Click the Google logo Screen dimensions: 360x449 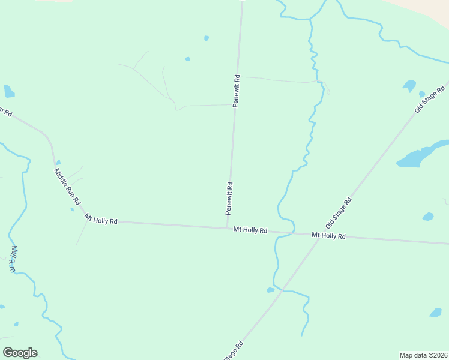(20, 353)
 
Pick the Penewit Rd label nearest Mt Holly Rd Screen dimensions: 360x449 (229, 198)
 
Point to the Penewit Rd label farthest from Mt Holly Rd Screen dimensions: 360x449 (237, 91)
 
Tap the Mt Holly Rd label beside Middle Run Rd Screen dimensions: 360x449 (101, 220)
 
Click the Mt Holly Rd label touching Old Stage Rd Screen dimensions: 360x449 (329, 236)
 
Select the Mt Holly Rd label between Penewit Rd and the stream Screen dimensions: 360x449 (250, 230)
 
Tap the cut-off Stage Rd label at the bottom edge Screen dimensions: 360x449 (234, 351)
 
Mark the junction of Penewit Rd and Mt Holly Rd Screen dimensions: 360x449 (228, 227)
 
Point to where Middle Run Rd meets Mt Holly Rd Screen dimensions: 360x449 (83, 215)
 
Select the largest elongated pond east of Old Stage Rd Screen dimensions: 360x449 (421, 155)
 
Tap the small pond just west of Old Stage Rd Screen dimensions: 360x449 (271, 290)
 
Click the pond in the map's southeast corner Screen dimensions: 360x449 (436, 312)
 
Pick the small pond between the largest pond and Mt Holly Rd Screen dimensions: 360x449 (428, 217)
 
